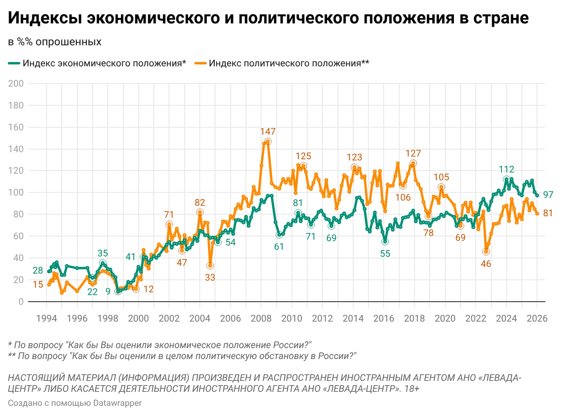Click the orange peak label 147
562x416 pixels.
(267, 131)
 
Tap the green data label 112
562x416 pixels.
(506, 169)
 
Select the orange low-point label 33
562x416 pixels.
(210, 277)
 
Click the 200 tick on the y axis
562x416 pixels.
(19, 83)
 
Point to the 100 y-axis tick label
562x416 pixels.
(19, 193)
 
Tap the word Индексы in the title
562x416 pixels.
(44, 18)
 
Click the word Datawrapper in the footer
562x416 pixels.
(118, 403)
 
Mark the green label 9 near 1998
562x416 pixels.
(108, 291)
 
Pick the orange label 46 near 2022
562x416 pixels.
(486, 264)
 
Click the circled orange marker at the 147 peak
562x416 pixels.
(267, 141)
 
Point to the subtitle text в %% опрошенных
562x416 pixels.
(55, 42)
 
